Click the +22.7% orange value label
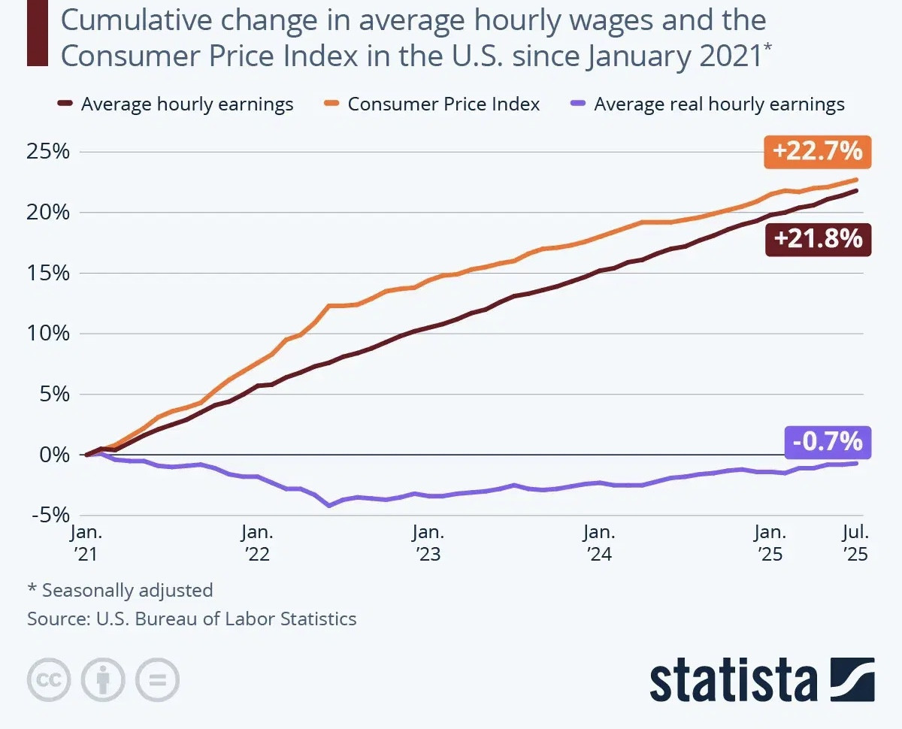816,152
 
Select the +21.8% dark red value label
818,239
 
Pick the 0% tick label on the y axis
54,455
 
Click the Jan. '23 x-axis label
428,543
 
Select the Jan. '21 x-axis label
86,543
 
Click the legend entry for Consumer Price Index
443,104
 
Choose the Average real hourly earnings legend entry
719,104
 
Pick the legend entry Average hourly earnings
186,104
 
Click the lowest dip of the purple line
329,506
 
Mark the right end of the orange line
856,180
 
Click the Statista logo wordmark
734,680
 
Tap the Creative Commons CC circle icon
49,680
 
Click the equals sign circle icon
157,680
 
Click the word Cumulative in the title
123,20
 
